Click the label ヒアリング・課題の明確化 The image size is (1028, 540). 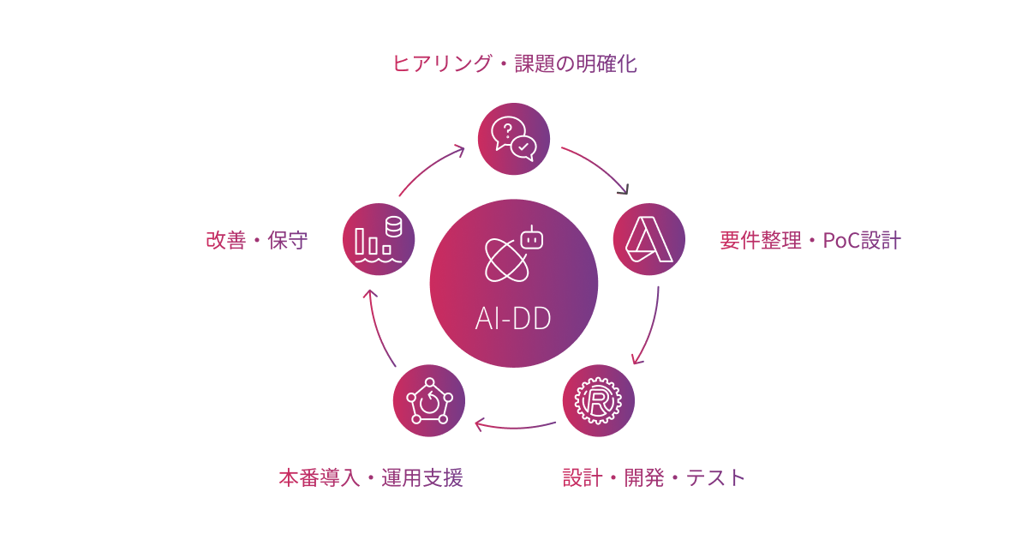514,63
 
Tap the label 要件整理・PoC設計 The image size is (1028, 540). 810,240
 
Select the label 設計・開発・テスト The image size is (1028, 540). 654,477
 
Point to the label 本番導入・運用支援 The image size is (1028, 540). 370,477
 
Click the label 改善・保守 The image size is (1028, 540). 256,240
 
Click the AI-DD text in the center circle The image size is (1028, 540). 513,318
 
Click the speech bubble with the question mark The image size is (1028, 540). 506,130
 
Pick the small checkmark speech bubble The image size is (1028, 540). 523,147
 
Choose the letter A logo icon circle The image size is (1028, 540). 648,239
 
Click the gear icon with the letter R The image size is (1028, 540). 599,400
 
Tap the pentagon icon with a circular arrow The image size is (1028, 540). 429,400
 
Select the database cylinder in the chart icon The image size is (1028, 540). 393,227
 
